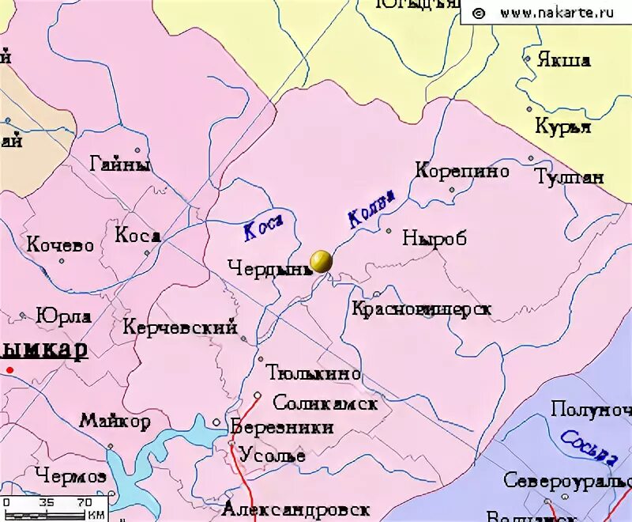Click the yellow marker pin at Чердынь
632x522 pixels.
[321, 261]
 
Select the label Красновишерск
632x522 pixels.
[421, 308]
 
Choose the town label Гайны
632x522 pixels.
[120, 165]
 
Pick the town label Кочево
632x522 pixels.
[60, 245]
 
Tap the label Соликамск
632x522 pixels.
[325, 403]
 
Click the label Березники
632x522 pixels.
[282, 427]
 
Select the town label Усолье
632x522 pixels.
[273, 456]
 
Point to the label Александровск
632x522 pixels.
[296, 508]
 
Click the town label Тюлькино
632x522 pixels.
[314, 373]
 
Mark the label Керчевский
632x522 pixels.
[180, 327]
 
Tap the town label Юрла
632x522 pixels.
[64, 316]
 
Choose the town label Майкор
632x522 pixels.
[115, 422]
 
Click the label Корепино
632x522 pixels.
[462, 171]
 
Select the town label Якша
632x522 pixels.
[563, 60]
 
